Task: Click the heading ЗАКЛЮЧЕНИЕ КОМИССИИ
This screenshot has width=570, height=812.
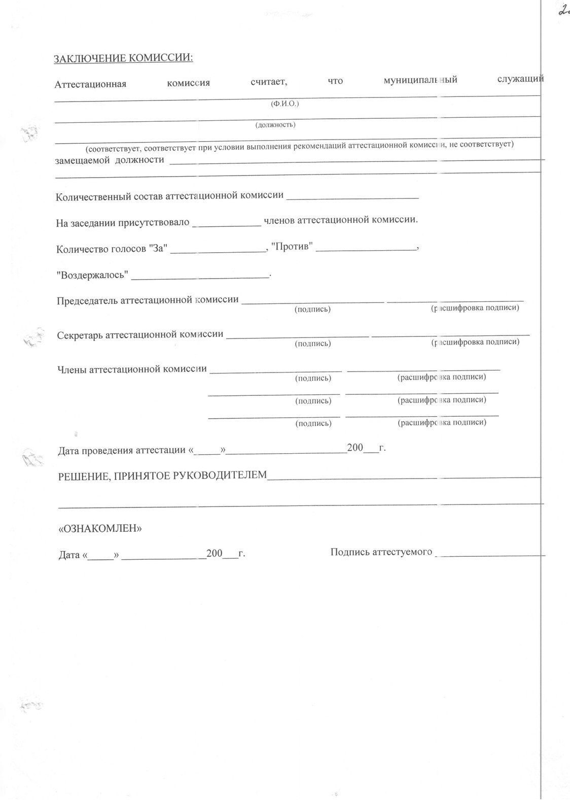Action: pyautogui.click(x=123, y=58)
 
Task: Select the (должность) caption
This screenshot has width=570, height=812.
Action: pyautogui.click(x=275, y=124)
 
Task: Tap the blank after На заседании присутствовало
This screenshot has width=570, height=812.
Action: pyautogui.click(x=227, y=222)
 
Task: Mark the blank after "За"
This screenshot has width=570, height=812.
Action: pyautogui.click(x=218, y=249)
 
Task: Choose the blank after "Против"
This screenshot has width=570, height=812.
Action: pyautogui.click(x=366, y=248)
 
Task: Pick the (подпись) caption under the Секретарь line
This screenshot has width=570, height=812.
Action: pyautogui.click(x=313, y=344)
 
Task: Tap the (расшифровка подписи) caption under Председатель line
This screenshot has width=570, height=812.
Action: pyautogui.click(x=474, y=308)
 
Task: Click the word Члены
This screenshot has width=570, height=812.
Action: pyautogui.click(x=72, y=369)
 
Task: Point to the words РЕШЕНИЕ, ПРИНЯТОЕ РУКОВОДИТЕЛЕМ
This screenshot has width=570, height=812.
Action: pyautogui.click(x=162, y=476)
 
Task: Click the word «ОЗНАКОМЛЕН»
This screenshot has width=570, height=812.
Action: pyautogui.click(x=100, y=528)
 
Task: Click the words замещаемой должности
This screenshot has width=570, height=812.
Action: pyautogui.click(x=110, y=160)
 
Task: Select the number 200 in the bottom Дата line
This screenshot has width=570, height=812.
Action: pyautogui.click(x=215, y=554)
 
